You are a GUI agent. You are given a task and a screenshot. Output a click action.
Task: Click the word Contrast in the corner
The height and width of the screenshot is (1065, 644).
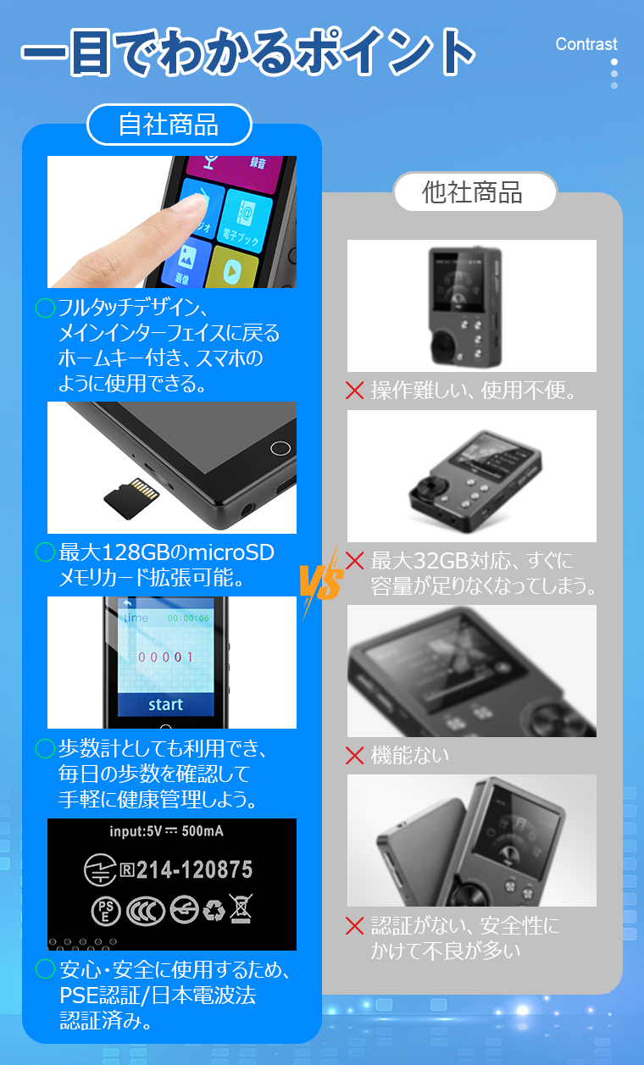[x=586, y=44]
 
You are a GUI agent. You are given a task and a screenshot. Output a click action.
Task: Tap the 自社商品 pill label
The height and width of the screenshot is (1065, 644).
[x=169, y=125]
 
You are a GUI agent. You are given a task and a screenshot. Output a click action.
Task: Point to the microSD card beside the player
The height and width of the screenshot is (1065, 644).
[x=130, y=496]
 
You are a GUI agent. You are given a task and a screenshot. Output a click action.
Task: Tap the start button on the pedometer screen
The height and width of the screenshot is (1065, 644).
[x=165, y=704]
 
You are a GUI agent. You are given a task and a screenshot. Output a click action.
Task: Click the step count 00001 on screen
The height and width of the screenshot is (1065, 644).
[x=165, y=657]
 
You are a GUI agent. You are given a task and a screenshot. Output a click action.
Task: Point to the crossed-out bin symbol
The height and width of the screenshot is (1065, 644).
[x=241, y=908]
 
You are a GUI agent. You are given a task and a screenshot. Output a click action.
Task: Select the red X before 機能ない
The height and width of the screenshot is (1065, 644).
[x=355, y=755]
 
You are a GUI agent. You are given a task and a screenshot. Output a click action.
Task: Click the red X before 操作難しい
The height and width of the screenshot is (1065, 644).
[x=355, y=391]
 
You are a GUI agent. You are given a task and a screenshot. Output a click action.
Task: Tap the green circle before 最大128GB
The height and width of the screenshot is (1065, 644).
[x=45, y=552]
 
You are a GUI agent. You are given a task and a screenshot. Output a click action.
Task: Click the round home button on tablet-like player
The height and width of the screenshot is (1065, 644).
[x=279, y=448]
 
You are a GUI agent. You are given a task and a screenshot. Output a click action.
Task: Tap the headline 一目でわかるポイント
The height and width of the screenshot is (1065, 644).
[x=247, y=53]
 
